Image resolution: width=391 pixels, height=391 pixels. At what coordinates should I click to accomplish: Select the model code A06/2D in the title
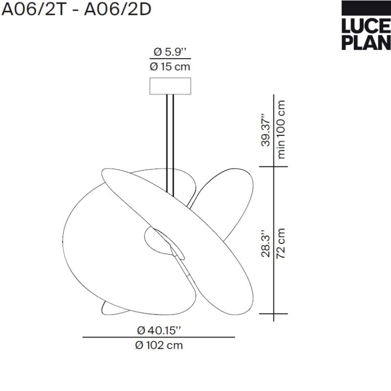(118, 10)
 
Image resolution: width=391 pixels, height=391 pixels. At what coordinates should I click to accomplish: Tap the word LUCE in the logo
(366, 26)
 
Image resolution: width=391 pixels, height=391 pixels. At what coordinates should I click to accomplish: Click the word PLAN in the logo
(366, 42)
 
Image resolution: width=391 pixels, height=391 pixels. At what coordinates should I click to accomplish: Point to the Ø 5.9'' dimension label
(170, 52)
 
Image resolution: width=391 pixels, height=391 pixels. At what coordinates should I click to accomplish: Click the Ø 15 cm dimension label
(170, 67)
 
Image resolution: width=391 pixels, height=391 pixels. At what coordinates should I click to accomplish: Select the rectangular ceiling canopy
(171, 86)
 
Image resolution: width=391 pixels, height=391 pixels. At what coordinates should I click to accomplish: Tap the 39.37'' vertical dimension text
(265, 130)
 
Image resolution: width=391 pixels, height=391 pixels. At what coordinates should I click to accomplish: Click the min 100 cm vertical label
(281, 129)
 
